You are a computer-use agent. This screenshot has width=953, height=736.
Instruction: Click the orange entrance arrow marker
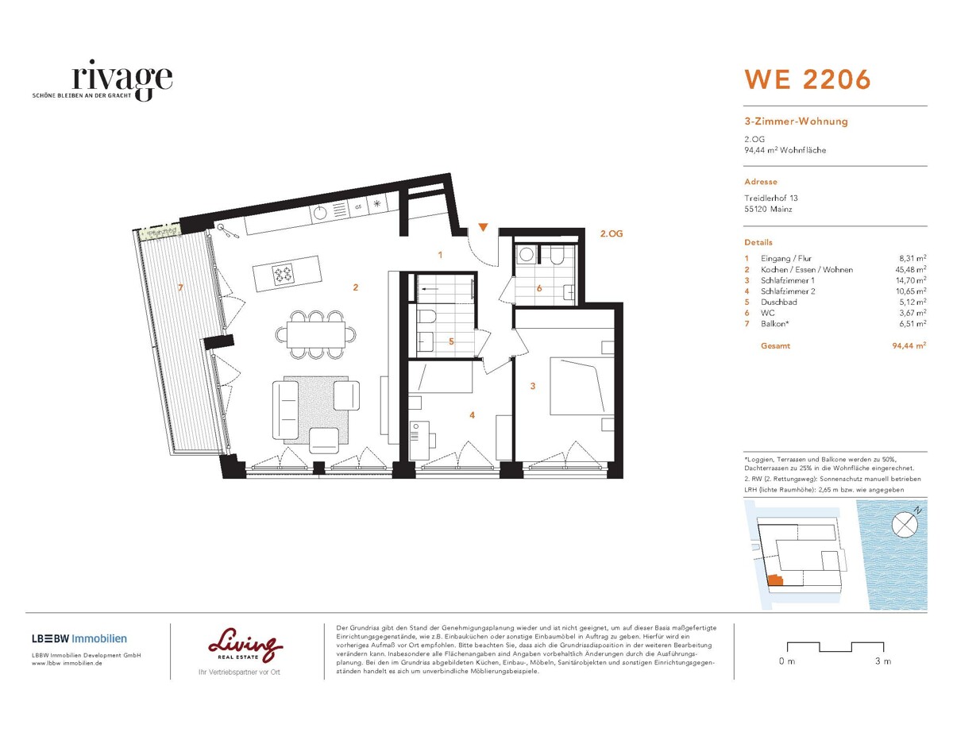[483, 229]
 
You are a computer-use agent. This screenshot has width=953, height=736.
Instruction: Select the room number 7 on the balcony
[180, 287]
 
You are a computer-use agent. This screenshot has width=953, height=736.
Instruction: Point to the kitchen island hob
[284, 276]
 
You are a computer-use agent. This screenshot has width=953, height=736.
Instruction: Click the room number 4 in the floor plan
[472, 414]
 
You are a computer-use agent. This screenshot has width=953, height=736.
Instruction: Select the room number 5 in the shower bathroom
[450, 341]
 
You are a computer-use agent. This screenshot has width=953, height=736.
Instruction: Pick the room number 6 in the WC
[538, 288]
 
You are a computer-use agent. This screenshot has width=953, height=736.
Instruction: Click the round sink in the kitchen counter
[321, 212]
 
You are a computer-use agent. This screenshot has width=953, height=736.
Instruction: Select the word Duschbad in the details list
[780, 302]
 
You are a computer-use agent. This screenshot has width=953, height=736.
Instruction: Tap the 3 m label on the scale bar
[882, 661]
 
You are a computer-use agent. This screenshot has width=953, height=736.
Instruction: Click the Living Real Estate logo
[245, 646]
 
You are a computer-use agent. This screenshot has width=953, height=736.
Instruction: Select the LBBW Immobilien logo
[79, 638]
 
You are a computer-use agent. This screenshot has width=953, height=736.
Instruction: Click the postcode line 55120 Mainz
[770, 210]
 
